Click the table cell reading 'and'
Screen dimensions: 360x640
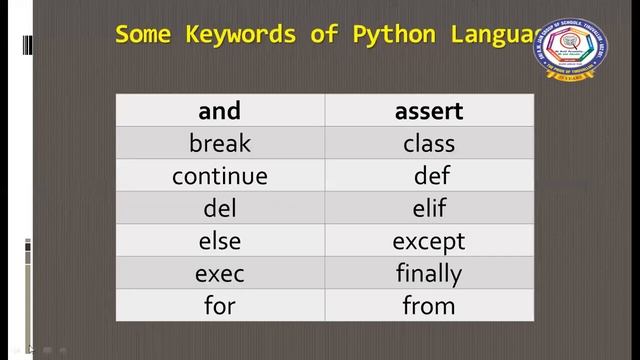[220, 111]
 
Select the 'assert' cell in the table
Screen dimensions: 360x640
[429, 111]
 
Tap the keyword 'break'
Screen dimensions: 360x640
[220, 144]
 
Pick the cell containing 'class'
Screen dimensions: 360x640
[429, 144]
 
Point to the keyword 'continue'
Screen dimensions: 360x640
[220, 176]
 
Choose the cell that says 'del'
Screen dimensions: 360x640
[220, 209]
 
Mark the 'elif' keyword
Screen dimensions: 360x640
[429, 209]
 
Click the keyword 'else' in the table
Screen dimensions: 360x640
[220, 241]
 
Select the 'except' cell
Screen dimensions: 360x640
[429, 241]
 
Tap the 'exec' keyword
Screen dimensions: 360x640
[220, 273]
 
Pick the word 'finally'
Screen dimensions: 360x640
[429, 273]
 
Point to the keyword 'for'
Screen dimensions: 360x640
[220, 305]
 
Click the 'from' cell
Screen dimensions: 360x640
[429, 305]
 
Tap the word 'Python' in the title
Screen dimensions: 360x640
[394, 35]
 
